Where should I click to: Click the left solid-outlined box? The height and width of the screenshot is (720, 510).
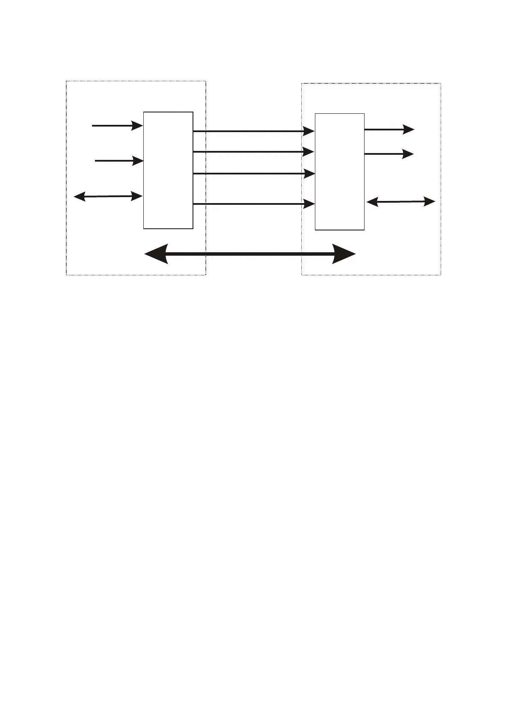pyautogui.click(x=168, y=170)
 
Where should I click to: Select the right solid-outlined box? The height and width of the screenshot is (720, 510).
pyautogui.click(x=340, y=171)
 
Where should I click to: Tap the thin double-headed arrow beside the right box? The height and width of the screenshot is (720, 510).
pyautogui.click(x=401, y=201)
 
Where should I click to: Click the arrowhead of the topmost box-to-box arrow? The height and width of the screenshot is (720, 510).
pyautogui.click(x=309, y=131)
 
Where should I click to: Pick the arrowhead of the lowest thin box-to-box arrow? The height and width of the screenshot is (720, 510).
pyautogui.click(x=309, y=204)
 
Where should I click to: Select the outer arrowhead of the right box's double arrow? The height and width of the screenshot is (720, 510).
pyautogui.click(x=430, y=201)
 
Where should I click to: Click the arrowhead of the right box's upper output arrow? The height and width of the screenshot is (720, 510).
pyautogui.click(x=409, y=129)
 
